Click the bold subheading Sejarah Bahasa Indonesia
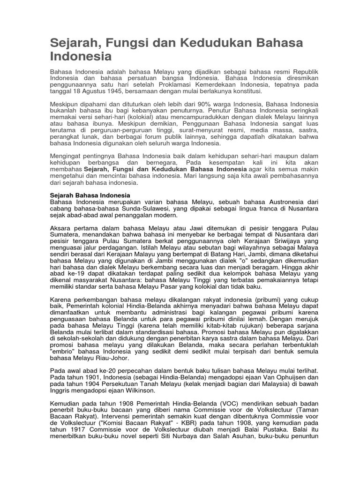click(90, 195)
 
